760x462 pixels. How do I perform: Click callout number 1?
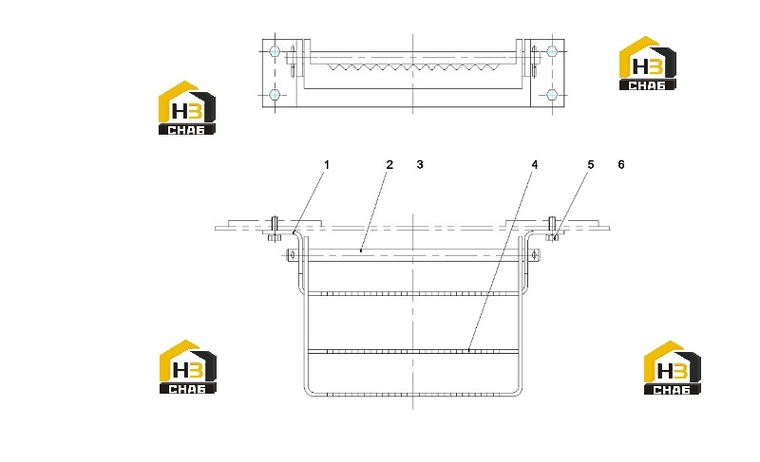click(x=327, y=165)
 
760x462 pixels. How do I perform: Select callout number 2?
click(x=389, y=165)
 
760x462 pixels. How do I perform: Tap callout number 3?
click(x=420, y=165)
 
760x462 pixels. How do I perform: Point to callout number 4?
click(x=535, y=165)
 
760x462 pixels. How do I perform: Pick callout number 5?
click(x=590, y=165)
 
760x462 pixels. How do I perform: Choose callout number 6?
click(x=621, y=165)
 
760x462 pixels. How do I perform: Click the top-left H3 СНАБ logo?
click(x=186, y=107)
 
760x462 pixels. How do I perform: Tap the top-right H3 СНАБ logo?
click(x=648, y=63)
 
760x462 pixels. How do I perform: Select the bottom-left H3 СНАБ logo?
click(x=187, y=367)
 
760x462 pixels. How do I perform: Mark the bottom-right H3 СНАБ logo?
click(x=672, y=368)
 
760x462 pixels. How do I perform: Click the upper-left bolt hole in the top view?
click(x=275, y=51)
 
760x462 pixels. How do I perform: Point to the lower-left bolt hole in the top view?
click(x=275, y=94)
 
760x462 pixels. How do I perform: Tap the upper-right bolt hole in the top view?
click(x=552, y=51)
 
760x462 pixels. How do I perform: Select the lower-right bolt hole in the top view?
click(x=552, y=94)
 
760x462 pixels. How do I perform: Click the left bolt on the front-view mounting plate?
click(x=275, y=229)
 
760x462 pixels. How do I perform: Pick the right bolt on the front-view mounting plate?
click(x=552, y=229)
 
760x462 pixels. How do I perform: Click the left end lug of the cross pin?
click(x=291, y=255)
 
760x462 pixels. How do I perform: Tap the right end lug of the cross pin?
click(x=535, y=255)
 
